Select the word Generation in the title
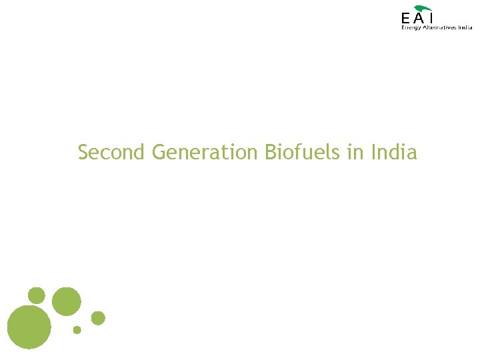(204, 152)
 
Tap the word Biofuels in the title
(303, 152)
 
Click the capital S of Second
(83, 152)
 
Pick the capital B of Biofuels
(270, 152)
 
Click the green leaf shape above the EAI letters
(423, 7)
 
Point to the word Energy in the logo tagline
(411, 27)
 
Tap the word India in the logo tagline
(465, 27)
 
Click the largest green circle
(29, 326)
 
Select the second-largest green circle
(66, 301)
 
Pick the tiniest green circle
(77, 329)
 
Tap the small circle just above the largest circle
(37, 295)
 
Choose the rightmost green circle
(98, 318)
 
